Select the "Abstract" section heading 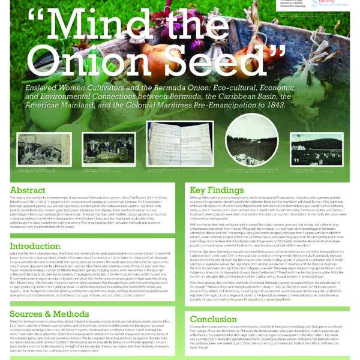(28, 190)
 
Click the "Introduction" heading (35, 245)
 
